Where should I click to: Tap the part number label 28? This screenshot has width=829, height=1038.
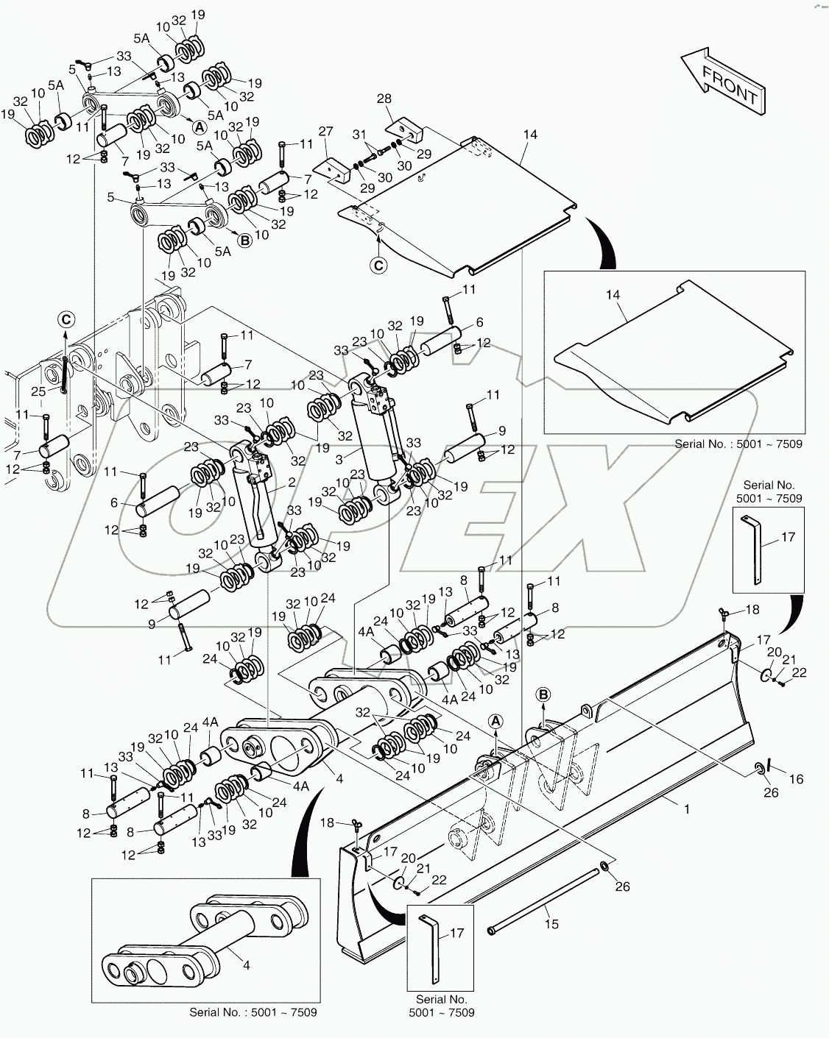coord(384,99)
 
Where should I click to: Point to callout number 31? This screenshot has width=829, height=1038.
coord(359,134)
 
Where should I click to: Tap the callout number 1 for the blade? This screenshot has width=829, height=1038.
coord(686,809)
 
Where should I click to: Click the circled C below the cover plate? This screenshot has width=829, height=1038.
coord(378,266)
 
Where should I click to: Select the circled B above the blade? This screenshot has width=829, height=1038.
coord(543,694)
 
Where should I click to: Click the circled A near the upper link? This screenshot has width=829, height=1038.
coord(199,126)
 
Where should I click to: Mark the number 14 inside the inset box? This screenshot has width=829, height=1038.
coord(613,295)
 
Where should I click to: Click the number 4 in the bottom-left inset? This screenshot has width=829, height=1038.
coord(247,965)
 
